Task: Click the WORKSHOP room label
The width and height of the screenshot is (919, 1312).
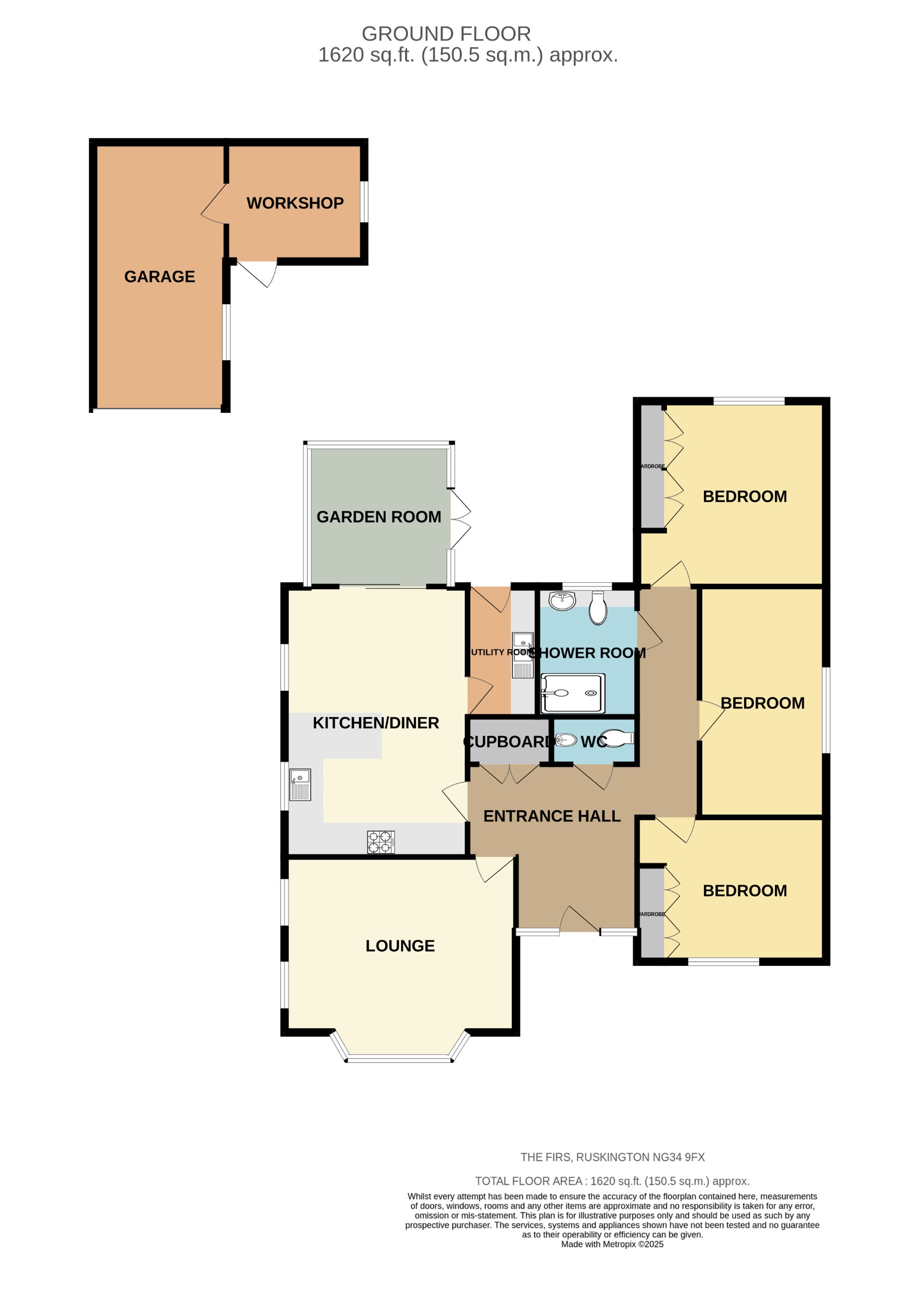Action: pos(295,203)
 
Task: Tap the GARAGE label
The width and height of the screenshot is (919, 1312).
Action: pos(159,276)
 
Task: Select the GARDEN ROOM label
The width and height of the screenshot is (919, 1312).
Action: pos(379,516)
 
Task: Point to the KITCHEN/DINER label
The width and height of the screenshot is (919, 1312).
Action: pos(375,723)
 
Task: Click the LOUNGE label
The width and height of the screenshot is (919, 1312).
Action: pos(399,945)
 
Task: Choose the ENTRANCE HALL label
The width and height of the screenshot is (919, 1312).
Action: pos(551,816)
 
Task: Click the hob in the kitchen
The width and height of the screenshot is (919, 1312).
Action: pos(380,842)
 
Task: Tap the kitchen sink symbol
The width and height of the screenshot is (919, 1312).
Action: pos(300,785)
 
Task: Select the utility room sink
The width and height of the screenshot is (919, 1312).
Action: pos(522,655)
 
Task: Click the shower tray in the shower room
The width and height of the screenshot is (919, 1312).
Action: pos(572,693)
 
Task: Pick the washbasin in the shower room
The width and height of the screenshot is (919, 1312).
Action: pos(562,601)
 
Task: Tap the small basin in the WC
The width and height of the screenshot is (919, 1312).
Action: pos(566,740)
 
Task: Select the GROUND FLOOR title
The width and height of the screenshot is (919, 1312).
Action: pos(446,34)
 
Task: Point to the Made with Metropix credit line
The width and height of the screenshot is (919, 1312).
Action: pos(611,1244)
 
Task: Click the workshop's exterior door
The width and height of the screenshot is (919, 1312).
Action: pos(257,273)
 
